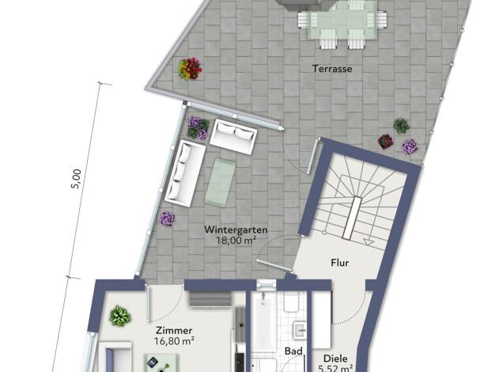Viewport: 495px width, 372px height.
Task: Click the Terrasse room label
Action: [332, 69]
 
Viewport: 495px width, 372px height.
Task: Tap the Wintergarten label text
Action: [236, 230]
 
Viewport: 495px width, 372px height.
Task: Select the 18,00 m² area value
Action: [236, 241]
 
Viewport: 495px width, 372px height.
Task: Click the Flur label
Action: [340, 263]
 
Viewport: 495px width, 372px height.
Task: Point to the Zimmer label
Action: [174, 331]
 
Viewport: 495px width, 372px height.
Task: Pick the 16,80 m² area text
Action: [174, 341]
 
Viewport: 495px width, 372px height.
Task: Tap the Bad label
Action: [293, 351]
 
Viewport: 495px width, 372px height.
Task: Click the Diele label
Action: [335, 359]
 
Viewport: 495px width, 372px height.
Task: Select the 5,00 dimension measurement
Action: [76, 179]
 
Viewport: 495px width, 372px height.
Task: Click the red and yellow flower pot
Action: [190, 69]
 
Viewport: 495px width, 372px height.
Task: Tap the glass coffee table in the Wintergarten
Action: [220, 182]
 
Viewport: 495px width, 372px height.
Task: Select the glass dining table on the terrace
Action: [342, 20]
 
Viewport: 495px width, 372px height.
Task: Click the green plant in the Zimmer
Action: [120, 316]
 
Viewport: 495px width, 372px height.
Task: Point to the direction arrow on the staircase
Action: [368, 242]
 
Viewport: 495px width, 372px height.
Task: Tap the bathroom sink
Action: [299, 330]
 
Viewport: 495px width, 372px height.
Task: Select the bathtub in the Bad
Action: [264, 319]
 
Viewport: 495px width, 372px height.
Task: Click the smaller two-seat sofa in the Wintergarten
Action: [233, 137]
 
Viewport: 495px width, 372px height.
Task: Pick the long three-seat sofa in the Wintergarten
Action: [185, 173]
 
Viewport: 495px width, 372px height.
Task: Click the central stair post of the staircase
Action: [351, 218]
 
